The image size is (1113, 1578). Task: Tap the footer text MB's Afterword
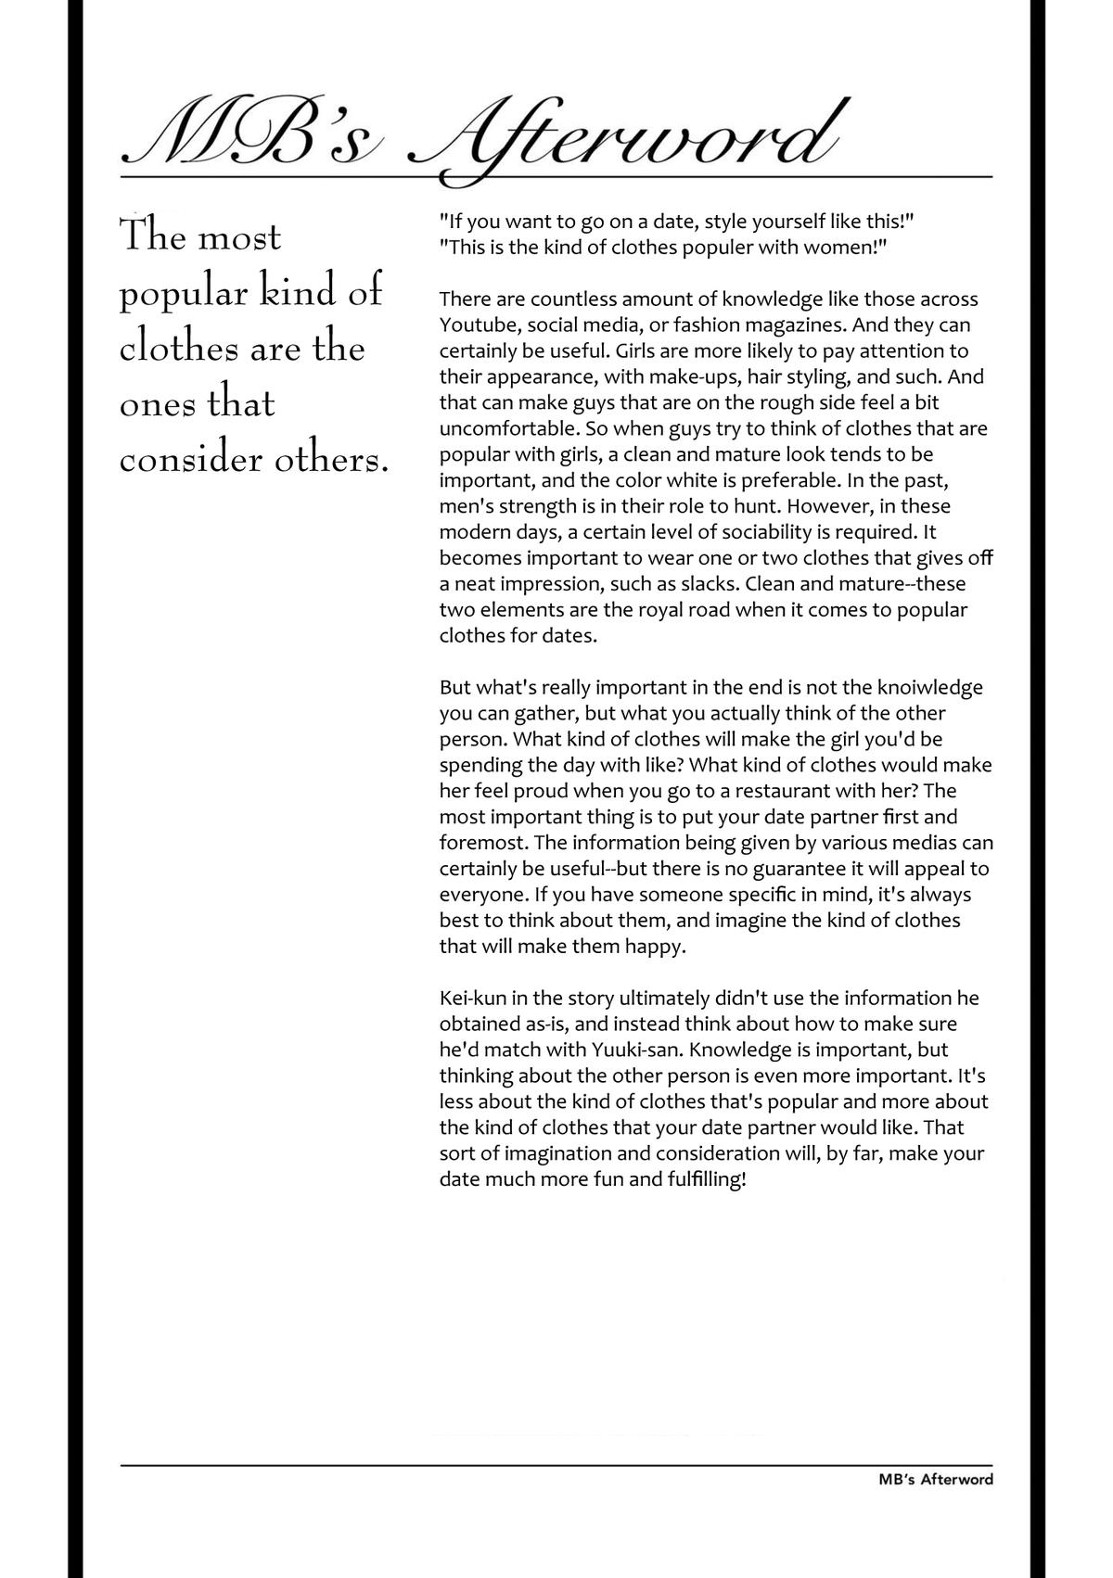[x=935, y=1480]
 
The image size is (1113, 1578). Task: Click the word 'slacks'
[x=710, y=585]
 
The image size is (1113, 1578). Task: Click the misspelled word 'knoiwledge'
[x=908, y=688]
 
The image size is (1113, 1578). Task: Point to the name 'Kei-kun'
[x=473, y=999]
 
